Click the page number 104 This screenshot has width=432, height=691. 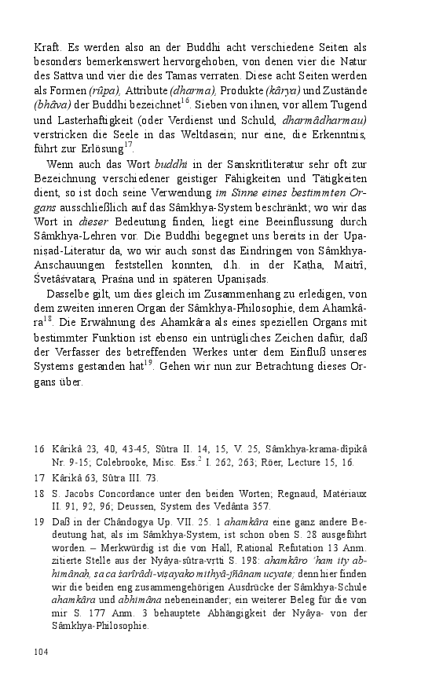point(41,651)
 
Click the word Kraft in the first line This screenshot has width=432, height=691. point(46,48)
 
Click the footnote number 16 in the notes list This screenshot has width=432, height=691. point(38,448)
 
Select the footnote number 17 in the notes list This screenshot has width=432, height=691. point(38,477)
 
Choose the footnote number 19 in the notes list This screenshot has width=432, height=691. point(38,521)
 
